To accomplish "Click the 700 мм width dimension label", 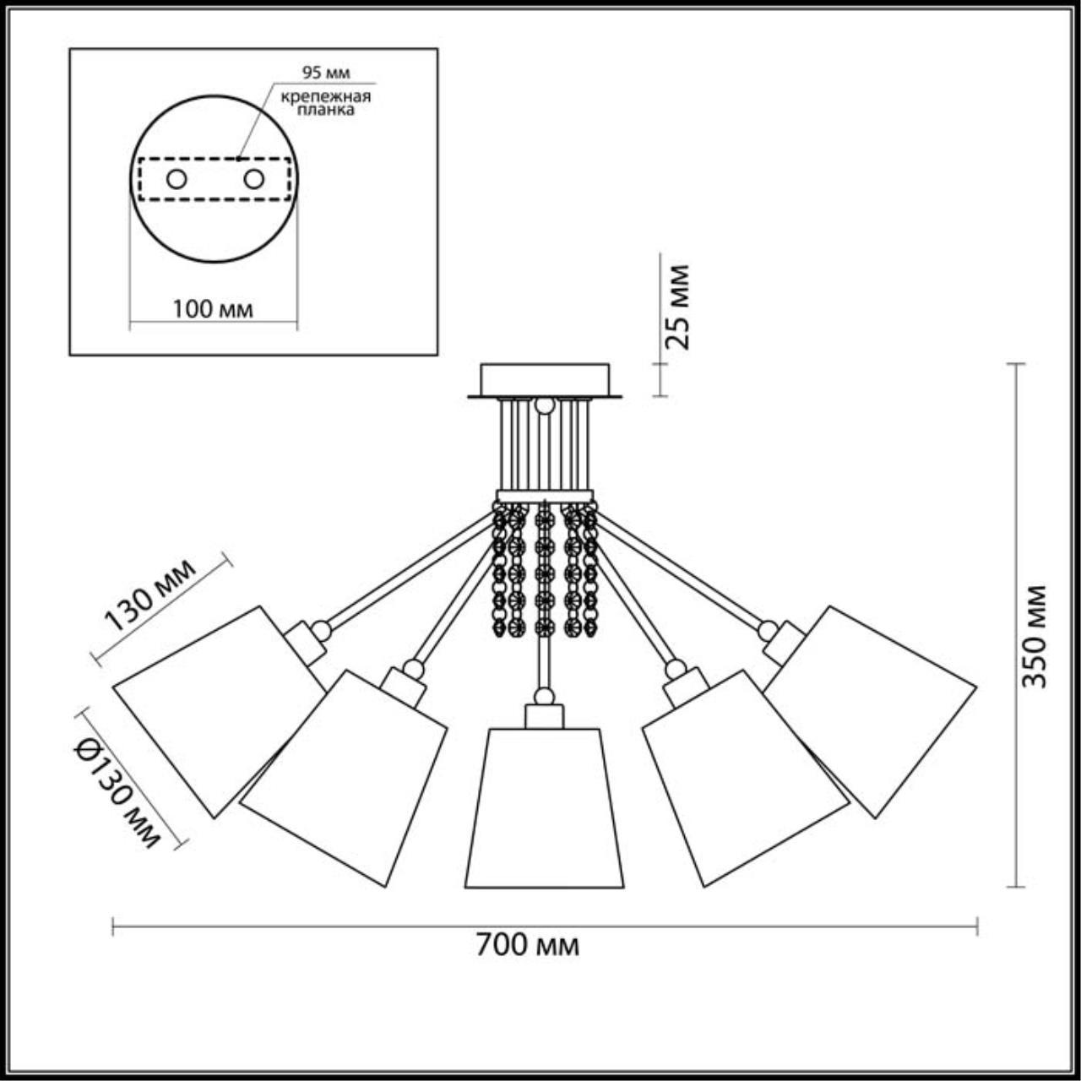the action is click(x=527, y=943).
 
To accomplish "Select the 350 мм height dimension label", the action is click(x=1033, y=636).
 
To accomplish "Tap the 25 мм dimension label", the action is click(x=676, y=307).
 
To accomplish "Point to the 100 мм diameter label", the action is click(x=213, y=309).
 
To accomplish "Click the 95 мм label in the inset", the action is click(x=326, y=73).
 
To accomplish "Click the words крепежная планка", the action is click(x=326, y=103).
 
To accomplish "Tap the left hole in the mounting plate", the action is click(x=177, y=180).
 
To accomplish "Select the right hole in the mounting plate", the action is click(x=253, y=180).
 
